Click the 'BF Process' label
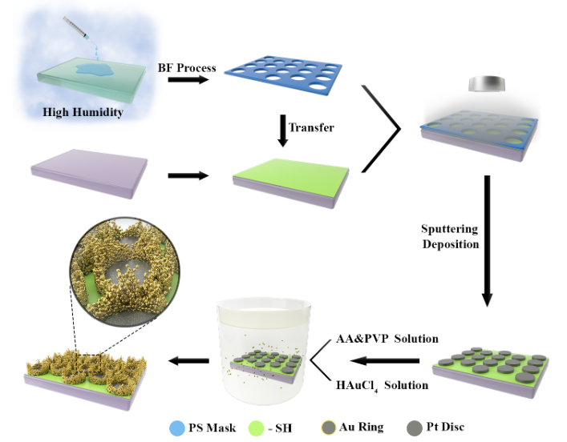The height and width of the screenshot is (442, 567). (x=187, y=67)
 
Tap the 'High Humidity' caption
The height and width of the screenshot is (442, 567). (x=83, y=113)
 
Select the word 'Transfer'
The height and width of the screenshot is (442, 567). (x=310, y=127)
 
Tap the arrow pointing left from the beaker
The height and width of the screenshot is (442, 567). (x=182, y=362)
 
